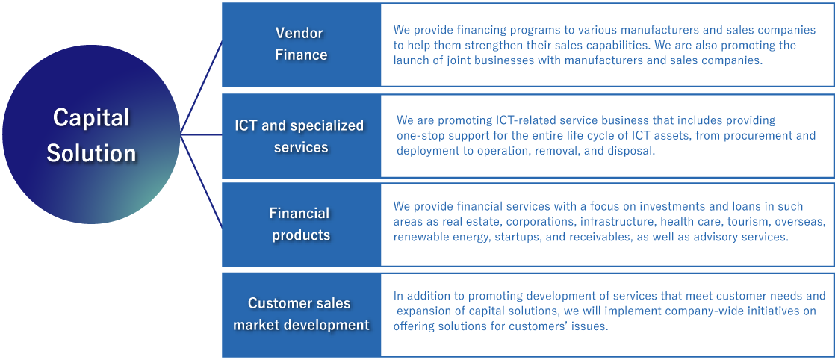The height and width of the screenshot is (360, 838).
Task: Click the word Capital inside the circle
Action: click(91, 117)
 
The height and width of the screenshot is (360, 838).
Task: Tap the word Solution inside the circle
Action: click(91, 153)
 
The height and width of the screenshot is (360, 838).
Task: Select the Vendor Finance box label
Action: click(301, 44)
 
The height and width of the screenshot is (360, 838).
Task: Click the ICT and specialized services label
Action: click(299, 136)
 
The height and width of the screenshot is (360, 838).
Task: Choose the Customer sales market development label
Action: click(301, 314)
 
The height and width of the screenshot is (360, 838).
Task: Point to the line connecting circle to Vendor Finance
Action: click(202, 86)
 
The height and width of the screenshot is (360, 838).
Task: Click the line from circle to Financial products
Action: click(202, 181)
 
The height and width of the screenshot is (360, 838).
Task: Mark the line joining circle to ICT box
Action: click(202, 134)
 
